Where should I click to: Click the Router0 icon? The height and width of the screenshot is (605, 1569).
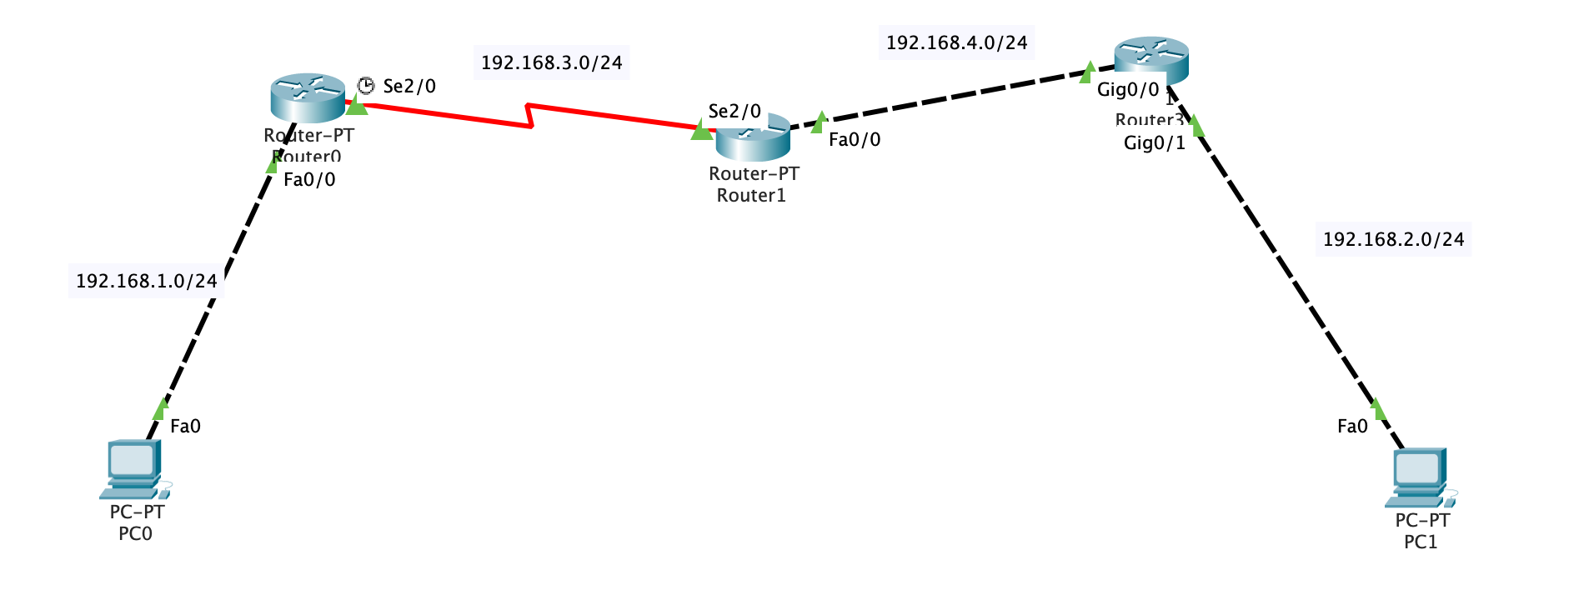[x=307, y=97]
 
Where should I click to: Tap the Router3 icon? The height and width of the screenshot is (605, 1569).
[x=1150, y=58]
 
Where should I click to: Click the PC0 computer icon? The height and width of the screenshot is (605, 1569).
[x=133, y=468]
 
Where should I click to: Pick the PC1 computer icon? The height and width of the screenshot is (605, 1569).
[x=1420, y=477]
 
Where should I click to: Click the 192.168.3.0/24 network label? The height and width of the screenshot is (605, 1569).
[x=551, y=63]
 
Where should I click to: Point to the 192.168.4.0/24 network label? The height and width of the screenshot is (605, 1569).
[x=956, y=43]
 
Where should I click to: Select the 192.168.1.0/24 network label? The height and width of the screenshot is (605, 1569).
[x=146, y=282]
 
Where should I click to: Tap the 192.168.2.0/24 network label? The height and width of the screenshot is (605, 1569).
[x=1393, y=240]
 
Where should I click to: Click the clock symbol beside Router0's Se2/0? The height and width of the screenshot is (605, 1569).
[x=365, y=86]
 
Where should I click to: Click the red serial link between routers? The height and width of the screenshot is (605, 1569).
[x=530, y=116]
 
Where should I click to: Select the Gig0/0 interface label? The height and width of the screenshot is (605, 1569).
[x=1127, y=90]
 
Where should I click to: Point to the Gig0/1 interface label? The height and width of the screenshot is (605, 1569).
[x=1154, y=143]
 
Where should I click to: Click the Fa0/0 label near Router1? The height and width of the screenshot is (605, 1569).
[x=854, y=140]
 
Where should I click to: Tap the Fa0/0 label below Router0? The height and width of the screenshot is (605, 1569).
[x=309, y=180]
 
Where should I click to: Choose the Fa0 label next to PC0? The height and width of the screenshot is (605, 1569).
[x=185, y=427]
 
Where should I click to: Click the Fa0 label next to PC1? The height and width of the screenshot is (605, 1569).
[x=1351, y=427]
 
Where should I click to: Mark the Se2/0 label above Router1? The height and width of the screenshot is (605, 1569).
[x=734, y=112]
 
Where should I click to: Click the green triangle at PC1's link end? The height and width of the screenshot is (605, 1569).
[x=1376, y=409]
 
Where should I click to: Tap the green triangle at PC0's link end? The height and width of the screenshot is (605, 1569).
[x=160, y=409]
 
